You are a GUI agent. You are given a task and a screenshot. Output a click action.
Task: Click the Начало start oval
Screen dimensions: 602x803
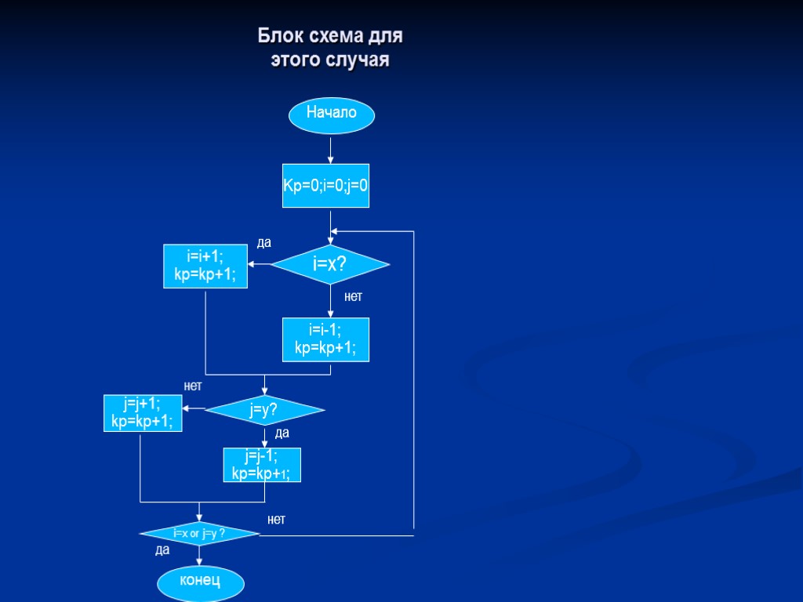pos(331,114)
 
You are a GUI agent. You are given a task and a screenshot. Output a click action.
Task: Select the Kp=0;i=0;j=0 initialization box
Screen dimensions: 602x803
pos(325,186)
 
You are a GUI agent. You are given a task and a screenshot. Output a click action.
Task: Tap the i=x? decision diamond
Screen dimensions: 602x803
pos(330,264)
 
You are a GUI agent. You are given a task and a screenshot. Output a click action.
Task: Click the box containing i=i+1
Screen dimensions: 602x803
pos(205,267)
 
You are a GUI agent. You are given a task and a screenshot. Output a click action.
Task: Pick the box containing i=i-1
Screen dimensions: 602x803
pos(325,339)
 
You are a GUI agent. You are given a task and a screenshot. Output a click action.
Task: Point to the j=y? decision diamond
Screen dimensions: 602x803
pos(264,409)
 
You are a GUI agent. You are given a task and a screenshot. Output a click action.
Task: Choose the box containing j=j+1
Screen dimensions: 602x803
pos(143,413)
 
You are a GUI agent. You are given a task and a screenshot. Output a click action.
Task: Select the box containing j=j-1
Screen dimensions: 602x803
pos(262,465)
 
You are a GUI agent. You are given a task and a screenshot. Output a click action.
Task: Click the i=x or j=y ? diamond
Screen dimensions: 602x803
pos(199,534)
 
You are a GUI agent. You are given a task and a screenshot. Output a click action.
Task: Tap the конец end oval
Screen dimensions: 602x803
pos(200,582)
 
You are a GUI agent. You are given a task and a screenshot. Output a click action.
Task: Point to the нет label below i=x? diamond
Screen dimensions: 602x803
pos(353,297)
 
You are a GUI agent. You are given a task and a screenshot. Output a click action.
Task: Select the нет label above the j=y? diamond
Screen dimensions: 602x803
pos(193,386)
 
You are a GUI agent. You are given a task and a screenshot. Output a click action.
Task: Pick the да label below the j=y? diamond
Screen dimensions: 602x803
pos(282,433)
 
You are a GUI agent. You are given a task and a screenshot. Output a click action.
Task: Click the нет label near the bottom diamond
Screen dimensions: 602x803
pos(276,519)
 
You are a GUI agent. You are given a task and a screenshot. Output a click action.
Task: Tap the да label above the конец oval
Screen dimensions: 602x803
pos(162,550)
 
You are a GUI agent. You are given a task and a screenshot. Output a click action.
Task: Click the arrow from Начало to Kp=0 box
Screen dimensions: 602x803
pos(330,149)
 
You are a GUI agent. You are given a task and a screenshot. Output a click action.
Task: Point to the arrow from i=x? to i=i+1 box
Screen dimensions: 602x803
pos(260,264)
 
